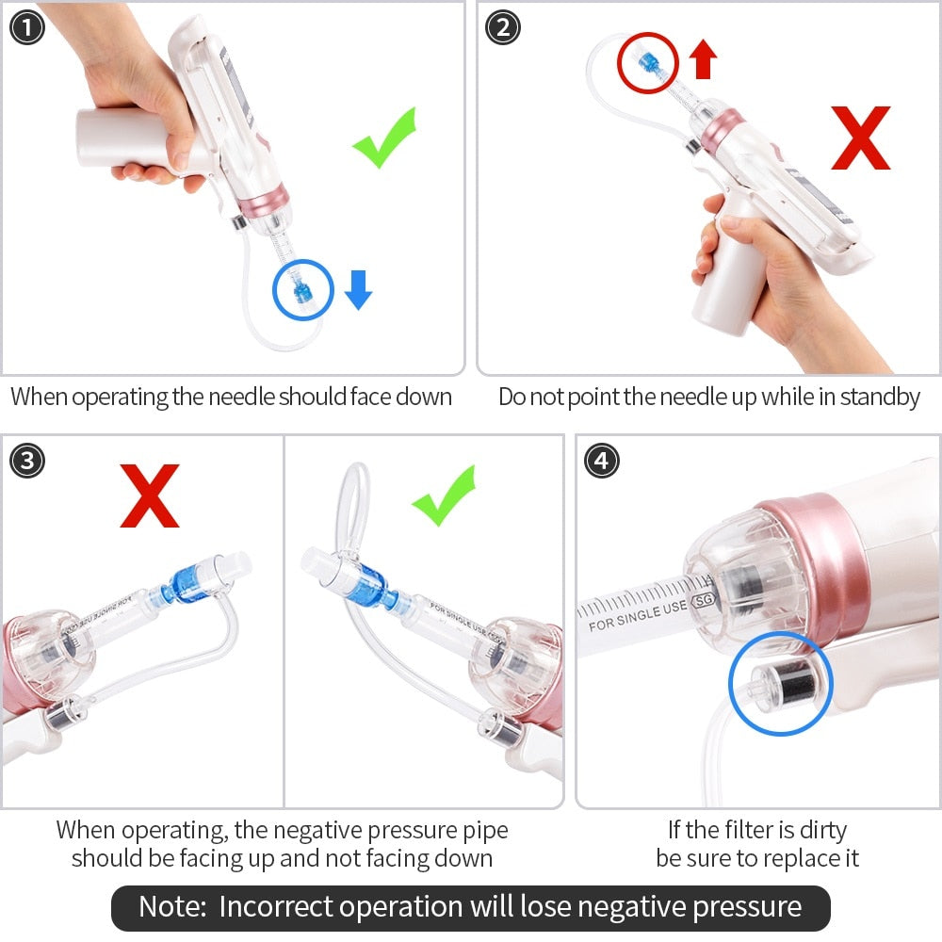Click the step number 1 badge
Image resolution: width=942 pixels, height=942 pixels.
click(27, 28)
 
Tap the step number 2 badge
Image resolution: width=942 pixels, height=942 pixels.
click(503, 28)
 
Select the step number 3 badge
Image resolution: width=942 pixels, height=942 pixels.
click(27, 462)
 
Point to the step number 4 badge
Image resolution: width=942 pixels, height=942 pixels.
click(602, 462)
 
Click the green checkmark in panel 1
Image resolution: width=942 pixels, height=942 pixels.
click(385, 138)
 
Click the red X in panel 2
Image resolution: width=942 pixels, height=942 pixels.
click(860, 138)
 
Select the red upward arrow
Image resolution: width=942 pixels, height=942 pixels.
click(703, 60)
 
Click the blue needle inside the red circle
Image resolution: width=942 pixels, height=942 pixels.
click(646, 61)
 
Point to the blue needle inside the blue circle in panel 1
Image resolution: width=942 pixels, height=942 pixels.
click(303, 290)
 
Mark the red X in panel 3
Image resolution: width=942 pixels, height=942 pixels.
click(150, 499)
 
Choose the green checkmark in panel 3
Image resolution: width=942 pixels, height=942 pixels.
click(444, 496)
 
